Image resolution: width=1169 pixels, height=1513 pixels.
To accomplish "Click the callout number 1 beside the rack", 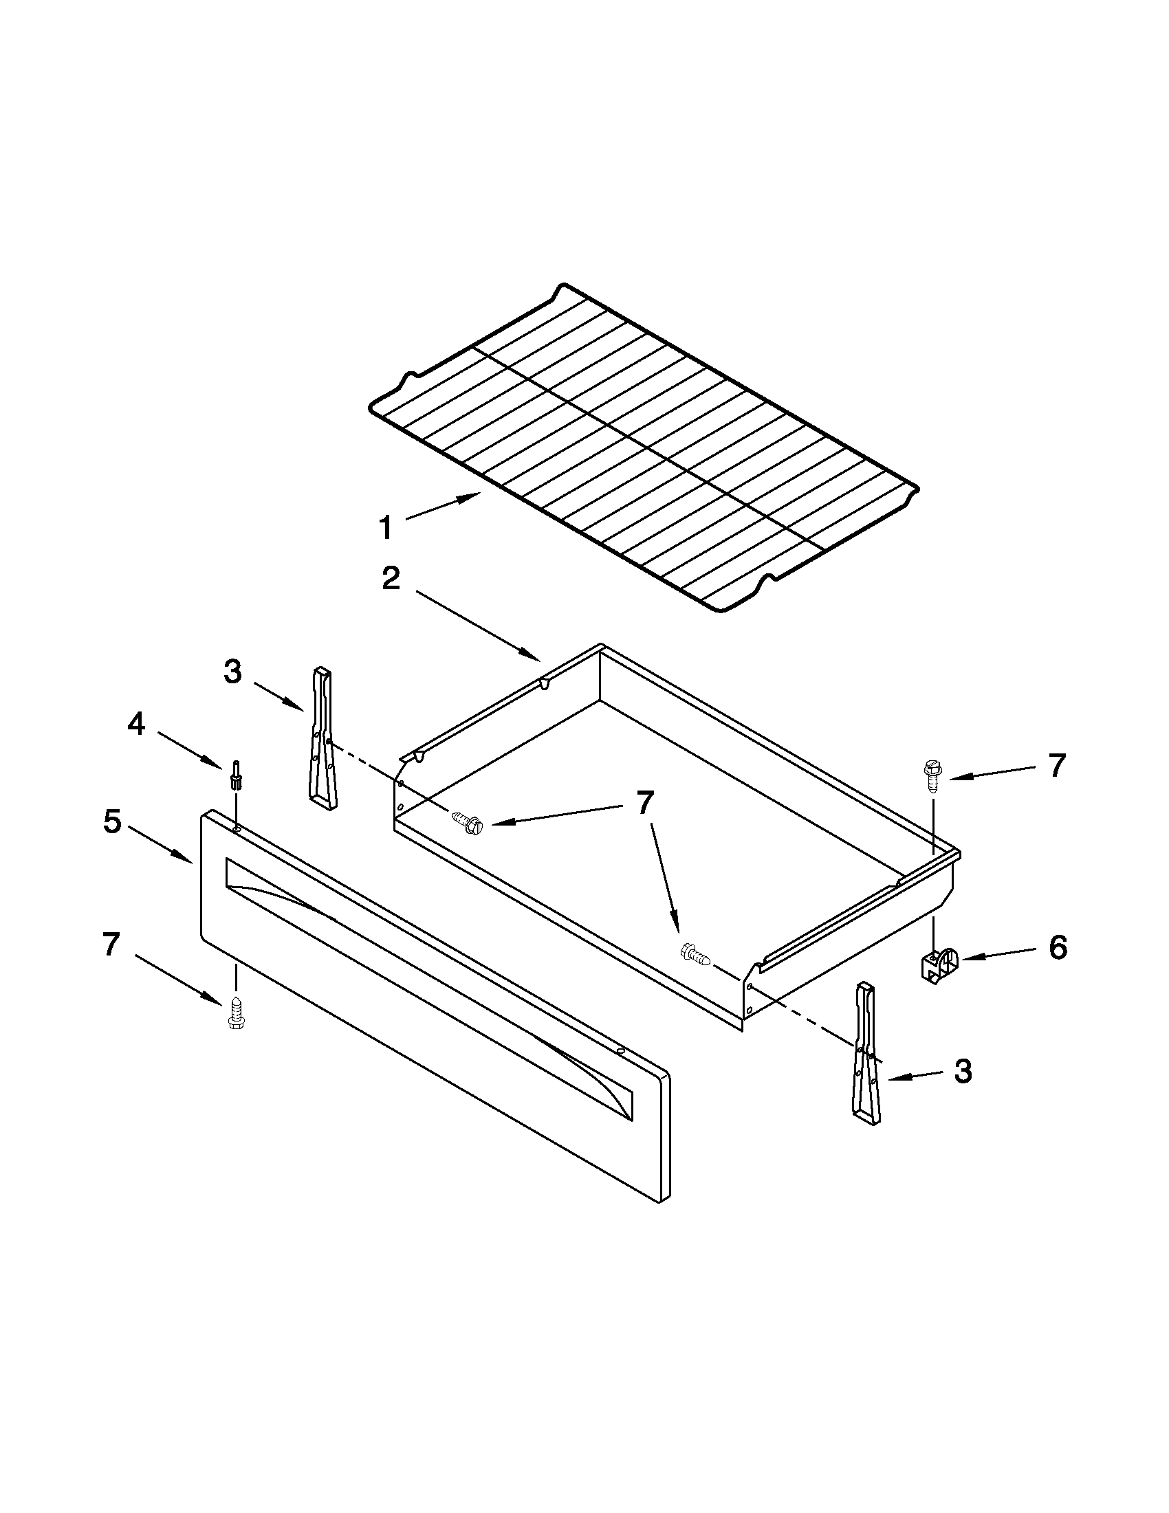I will coord(386,529).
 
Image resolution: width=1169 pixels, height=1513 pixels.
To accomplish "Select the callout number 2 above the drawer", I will coord(391,578).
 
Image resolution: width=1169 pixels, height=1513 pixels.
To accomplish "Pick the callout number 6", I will coord(1057,947).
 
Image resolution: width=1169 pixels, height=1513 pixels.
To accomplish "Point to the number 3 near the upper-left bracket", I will coord(233,672).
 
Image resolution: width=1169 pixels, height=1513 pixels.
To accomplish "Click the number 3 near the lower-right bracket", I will coord(963,1071).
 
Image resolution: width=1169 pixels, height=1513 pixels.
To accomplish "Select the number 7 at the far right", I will coord(1056,766).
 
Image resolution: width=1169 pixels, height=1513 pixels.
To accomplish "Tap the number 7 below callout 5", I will coord(111,945).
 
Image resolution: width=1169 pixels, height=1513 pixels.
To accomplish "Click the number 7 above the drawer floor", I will coord(644,803).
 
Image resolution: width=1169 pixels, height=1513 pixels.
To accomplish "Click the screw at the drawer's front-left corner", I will coord(467,822).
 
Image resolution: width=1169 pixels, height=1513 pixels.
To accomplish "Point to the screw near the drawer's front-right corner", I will coord(696,956).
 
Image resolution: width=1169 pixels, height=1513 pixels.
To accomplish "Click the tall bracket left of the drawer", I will coord(323,738).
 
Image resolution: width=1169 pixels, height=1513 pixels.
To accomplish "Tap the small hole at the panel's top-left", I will coord(238,828).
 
